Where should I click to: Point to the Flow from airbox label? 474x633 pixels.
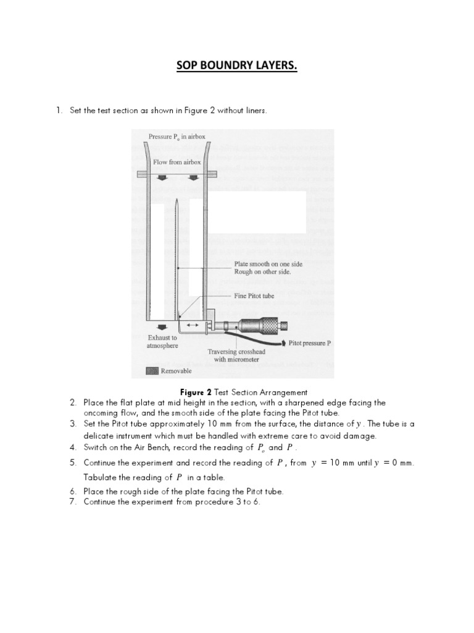click(x=177, y=162)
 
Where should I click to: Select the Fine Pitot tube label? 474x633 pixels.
click(x=254, y=296)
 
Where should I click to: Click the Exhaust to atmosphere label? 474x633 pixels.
click(x=162, y=342)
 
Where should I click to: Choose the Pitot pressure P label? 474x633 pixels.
click(x=310, y=342)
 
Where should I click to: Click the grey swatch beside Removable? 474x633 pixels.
click(x=152, y=371)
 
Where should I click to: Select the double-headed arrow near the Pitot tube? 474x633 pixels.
click(x=193, y=325)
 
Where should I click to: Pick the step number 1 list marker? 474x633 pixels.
click(x=59, y=111)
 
